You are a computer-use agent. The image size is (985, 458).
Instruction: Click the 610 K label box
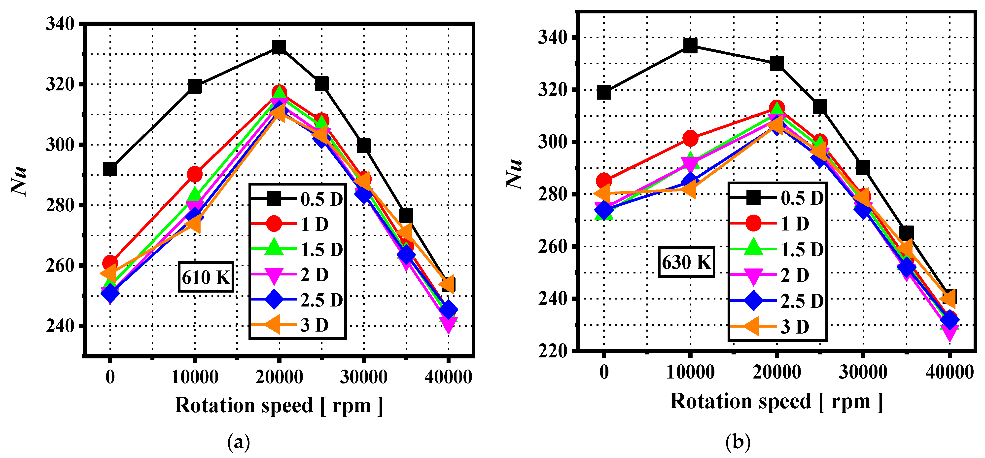point(206,277)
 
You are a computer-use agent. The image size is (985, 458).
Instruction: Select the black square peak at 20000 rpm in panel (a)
point(279,47)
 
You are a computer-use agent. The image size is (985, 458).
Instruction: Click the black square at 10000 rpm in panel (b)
point(690,45)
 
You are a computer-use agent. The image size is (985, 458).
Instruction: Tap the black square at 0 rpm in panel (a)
point(110,169)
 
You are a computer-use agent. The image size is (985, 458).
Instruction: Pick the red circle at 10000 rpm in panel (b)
point(690,138)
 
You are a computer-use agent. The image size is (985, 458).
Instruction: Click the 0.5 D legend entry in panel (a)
point(297,199)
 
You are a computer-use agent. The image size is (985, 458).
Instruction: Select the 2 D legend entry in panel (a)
point(297,275)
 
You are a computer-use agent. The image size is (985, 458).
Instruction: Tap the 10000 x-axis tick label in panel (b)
point(690,372)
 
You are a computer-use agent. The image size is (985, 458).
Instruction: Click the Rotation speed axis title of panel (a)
point(279,405)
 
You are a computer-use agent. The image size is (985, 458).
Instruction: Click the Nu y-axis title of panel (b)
point(514,173)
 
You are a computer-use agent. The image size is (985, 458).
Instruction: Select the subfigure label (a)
point(239,442)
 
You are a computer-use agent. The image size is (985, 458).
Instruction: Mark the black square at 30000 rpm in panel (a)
point(364,146)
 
